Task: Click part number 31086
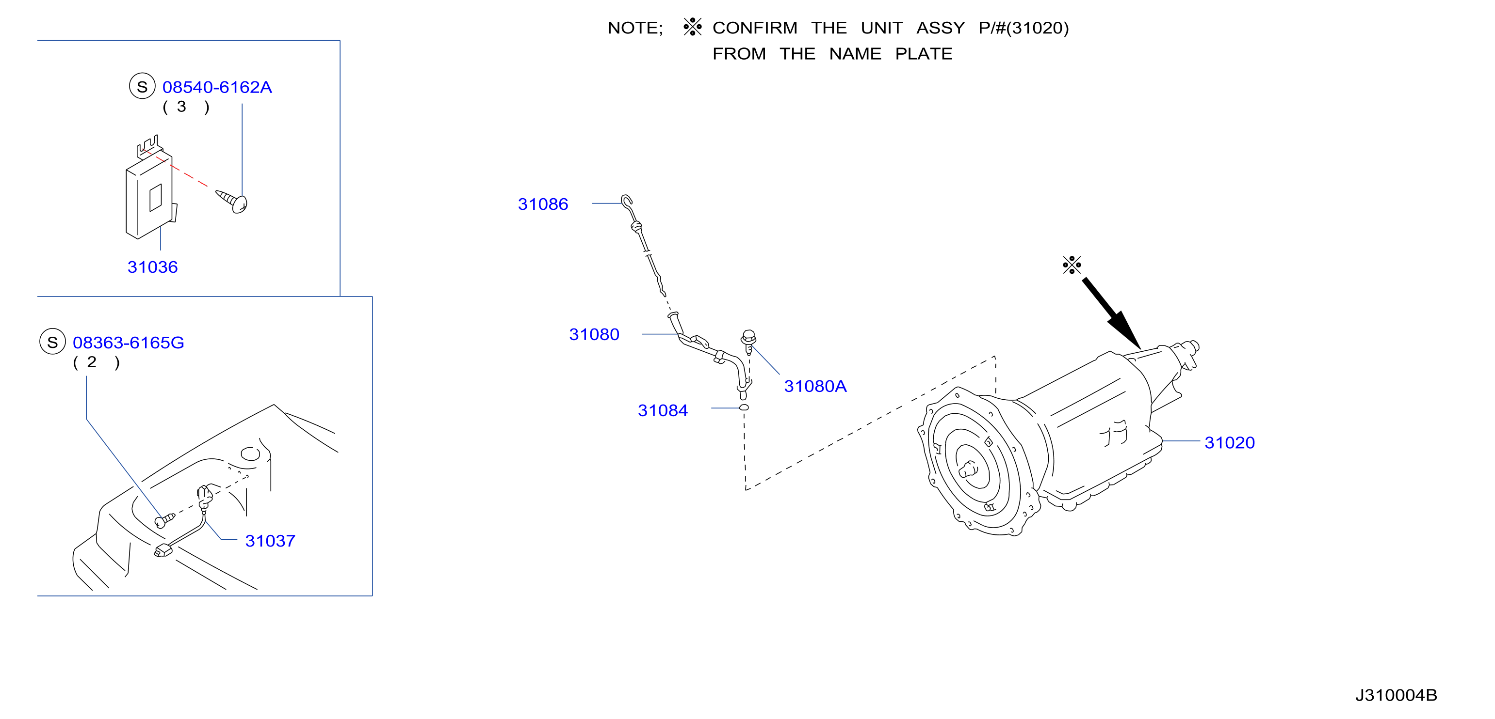tap(543, 204)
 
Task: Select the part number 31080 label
tap(594, 335)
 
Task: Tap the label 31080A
tap(815, 386)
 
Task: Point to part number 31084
tap(663, 410)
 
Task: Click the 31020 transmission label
tap(1230, 442)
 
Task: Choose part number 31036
tap(153, 267)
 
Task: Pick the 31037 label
tap(271, 541)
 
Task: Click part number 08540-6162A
tap(217, 87)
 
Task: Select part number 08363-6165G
tap(128, 343)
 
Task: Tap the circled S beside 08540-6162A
tap(142, 86)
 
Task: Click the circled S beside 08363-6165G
tap(52, 342)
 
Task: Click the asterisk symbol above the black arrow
tap(1072, 265)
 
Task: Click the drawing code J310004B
tap(1396, 695)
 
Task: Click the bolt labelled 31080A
tap(748, 342)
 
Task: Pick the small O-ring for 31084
tap(744, 407)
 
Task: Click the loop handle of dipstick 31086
tap(626, 202)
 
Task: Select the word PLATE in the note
tap(924, 54)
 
